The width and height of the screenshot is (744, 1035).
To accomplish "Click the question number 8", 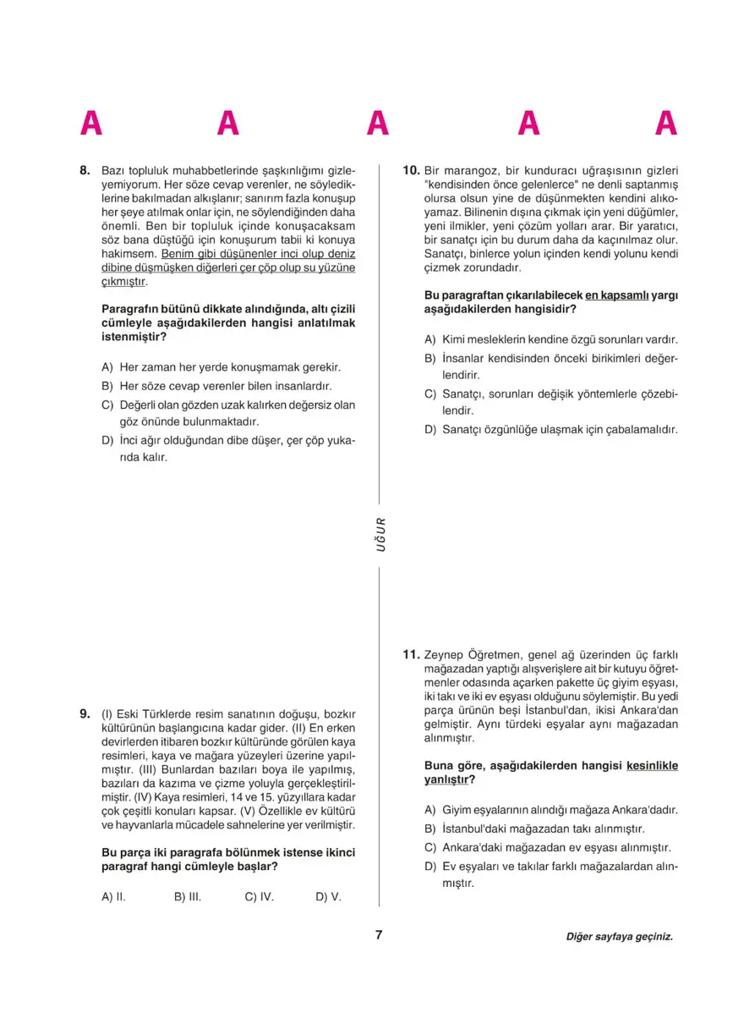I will (x=85, y=169).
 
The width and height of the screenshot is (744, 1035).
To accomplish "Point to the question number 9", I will (x=85, y=713).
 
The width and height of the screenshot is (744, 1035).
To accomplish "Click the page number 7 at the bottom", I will (x=379, y=935).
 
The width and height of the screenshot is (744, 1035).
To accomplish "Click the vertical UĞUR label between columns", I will (x=380, y=534).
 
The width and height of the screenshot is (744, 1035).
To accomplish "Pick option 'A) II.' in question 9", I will (x=113, y=896).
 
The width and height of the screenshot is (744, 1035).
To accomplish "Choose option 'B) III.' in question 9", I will (x=188, y=896).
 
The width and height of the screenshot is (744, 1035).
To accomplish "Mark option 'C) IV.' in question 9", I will (x=260, y=896).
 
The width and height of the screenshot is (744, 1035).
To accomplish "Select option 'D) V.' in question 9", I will (x=328, y=896).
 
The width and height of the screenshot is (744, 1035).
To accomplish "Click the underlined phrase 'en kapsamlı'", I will (x=617, y=295).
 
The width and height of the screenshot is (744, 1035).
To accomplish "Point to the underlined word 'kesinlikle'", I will (x=653, y=766).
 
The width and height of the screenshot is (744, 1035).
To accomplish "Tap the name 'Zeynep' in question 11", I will (x=445, y=654).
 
